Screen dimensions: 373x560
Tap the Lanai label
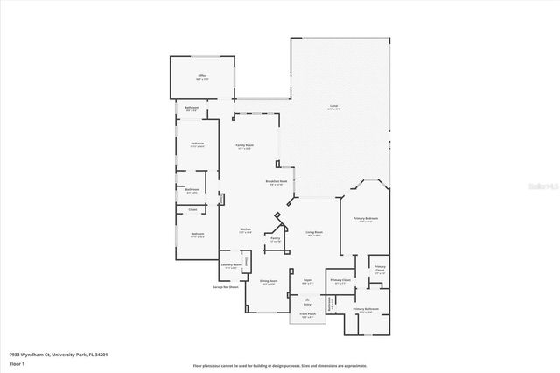point(333,107)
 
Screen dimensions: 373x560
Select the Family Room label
point(244,145)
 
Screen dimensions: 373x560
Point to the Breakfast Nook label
point(277,182)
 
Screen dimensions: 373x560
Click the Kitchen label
point(246,230)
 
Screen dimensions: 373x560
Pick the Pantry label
point(275,238)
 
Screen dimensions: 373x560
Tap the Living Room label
point(313,232)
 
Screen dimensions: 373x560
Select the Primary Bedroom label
point(366,219)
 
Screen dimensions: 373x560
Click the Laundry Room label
point(231,265)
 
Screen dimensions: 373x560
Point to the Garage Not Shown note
point(225,286)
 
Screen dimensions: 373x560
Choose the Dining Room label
point(269,281)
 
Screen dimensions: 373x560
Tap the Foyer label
point(307,281)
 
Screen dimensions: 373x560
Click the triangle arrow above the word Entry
point(307,299)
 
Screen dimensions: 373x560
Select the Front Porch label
point(307,314)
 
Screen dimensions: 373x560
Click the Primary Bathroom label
point(365,309)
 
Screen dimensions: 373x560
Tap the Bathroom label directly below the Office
point(192,108)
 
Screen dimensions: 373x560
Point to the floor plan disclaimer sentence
point(280,364)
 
